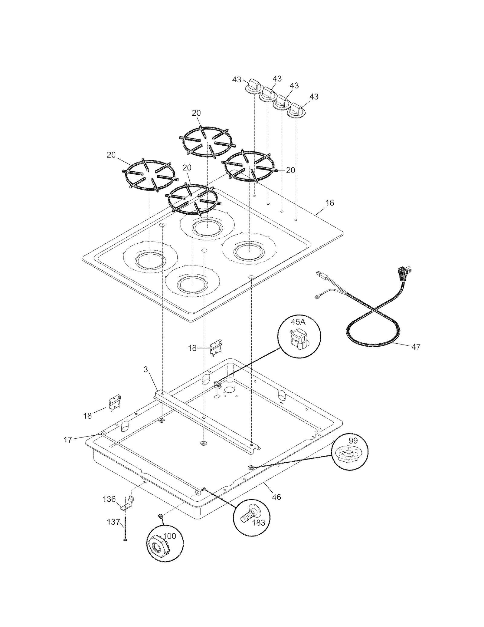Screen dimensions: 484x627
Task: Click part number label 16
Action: tap(330, 203)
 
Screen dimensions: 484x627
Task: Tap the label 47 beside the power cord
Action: tap(416, 347)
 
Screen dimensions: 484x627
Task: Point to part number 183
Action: tap(258, 523)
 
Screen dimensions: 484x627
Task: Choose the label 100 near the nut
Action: tap(169, 536)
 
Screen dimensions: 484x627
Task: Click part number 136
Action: tap(109, 499)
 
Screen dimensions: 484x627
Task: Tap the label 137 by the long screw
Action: tap(114, 522)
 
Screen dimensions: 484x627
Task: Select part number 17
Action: tap(68, 440)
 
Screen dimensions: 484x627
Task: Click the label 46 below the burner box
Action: tap(276, 497)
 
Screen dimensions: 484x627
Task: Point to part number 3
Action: tap(146, 369)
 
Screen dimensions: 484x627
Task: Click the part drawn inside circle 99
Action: tap(348, 460)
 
